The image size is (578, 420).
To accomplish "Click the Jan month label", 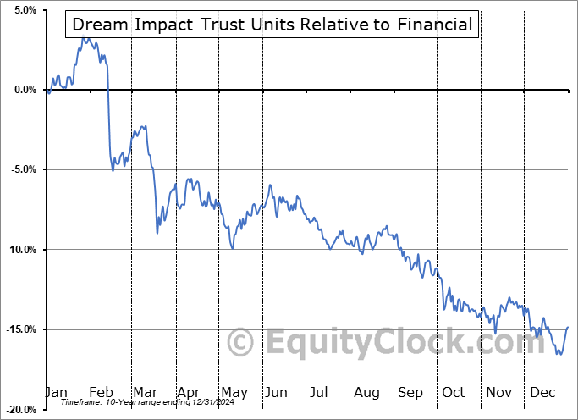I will (56, 392).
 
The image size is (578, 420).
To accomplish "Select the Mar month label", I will (144, 392).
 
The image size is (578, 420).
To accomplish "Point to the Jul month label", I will (320, 392).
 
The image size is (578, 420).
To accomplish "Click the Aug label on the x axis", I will (366, 392).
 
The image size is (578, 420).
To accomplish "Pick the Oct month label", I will (454, 392).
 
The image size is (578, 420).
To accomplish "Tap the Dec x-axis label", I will (542, 392).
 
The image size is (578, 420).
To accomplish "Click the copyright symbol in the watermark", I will (242, 342).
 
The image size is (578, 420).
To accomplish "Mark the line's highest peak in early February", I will (84, 36).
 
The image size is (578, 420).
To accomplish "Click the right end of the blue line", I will (567, 327).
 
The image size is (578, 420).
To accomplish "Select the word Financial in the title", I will (433, 25).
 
